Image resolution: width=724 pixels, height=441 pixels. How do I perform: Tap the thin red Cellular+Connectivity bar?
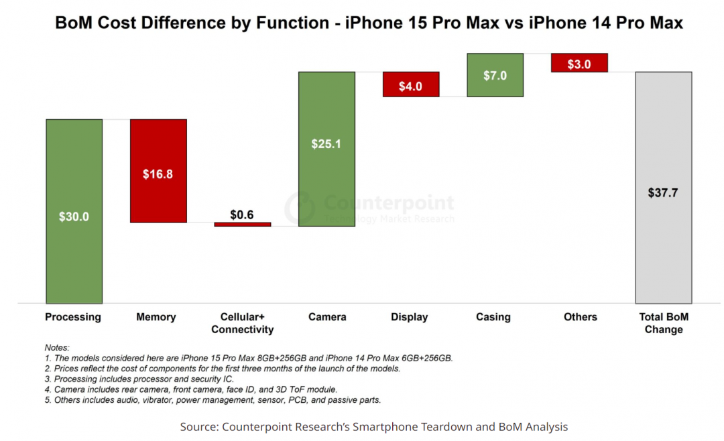(243, 225)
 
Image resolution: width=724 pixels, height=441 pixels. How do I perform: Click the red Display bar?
(411, 84)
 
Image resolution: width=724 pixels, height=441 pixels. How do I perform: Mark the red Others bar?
(579, 62)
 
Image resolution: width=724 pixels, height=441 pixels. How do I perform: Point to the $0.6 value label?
(242, 214)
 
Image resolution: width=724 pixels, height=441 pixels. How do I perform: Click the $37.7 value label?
(663, 193)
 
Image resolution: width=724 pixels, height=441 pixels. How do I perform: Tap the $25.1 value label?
(326, 143)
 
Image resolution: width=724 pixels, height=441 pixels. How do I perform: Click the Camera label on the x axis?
(326, 317)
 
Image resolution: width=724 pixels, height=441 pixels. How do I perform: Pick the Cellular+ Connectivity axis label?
(243, 323)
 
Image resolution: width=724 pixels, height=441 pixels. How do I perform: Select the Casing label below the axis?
(493, 317)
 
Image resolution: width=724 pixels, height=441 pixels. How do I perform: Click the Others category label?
(581, 317)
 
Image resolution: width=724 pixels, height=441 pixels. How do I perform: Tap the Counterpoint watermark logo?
(300, 207)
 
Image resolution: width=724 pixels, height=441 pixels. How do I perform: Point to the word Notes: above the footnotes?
(57, 347)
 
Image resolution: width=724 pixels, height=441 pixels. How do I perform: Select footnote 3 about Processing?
(139, 379)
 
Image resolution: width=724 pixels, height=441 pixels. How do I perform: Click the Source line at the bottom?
(373, 426)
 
